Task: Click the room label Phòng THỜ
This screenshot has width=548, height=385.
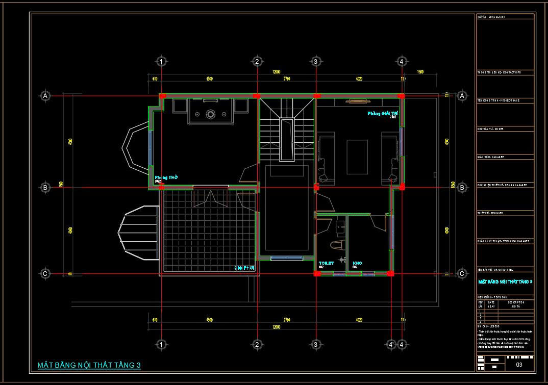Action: click(166, 177)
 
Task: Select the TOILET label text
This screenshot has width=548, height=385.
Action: click(326, 263)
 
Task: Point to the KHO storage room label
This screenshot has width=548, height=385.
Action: click(357, 263)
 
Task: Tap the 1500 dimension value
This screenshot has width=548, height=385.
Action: click(420, 72)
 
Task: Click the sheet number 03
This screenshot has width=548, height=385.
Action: click(519, 365)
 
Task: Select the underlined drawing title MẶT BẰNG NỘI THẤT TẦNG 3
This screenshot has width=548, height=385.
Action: click(89, 365)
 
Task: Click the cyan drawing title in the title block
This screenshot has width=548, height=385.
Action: click(505, 281)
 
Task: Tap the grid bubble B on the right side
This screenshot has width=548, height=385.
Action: click(462, 187)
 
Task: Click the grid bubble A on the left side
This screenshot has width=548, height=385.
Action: click(45, 95)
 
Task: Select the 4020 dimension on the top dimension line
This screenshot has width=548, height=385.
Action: click(359, 79)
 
